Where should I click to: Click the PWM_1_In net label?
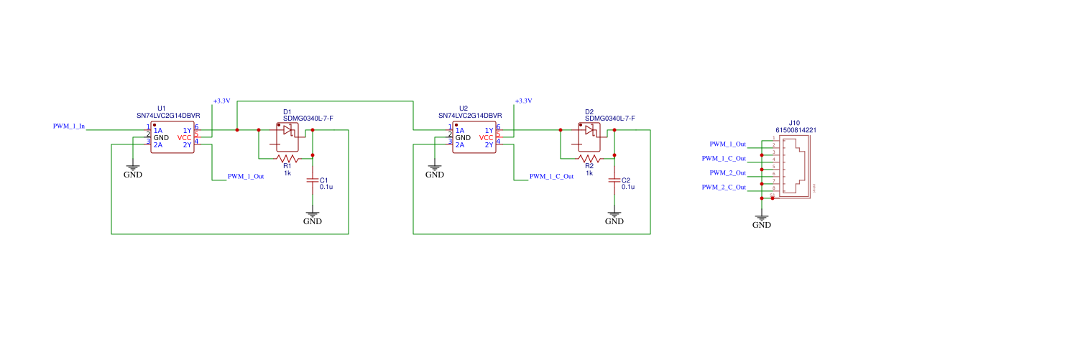coord(69,126)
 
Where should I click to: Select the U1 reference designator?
coord(161,109)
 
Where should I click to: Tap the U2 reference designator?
coord(463,109)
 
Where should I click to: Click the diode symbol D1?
coord(287,130)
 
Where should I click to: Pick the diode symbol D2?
coord(589,130)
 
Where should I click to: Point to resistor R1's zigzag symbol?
coord(287,158)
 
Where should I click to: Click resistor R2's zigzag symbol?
coord(589,158)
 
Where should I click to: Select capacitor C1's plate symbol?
coord(312,181)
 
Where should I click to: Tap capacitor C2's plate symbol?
coord(614,181)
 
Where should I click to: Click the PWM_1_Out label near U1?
coord(246,176)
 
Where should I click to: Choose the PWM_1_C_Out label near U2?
coord(551,176)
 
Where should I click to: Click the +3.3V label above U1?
coord(221,101)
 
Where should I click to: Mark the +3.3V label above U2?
coord(523,101)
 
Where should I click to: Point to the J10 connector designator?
coord(794,123)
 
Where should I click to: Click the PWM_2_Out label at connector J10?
coord(727,173)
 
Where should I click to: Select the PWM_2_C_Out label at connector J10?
coord(724,188)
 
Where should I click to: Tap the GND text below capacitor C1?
coord(312,221)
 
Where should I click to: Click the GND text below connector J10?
coord(761,225)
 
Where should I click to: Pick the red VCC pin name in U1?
coord(185,137)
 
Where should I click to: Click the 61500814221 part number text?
coord(796,130)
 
